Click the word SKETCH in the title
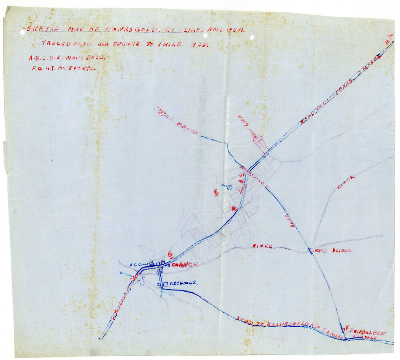tap(38, 29)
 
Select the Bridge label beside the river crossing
tap(338, 251)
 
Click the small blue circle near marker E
tap(230, 187)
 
